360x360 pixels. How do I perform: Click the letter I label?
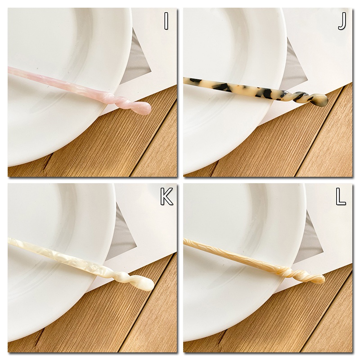(x=166, y=21)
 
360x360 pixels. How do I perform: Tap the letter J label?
(x=342, y=21)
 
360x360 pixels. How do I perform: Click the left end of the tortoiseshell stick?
(x=184, y=80)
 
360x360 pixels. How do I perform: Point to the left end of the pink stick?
(x=9, y=70)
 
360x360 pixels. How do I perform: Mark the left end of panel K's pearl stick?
(x=9, y=240)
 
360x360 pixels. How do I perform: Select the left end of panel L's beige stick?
(x=184, y=240)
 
